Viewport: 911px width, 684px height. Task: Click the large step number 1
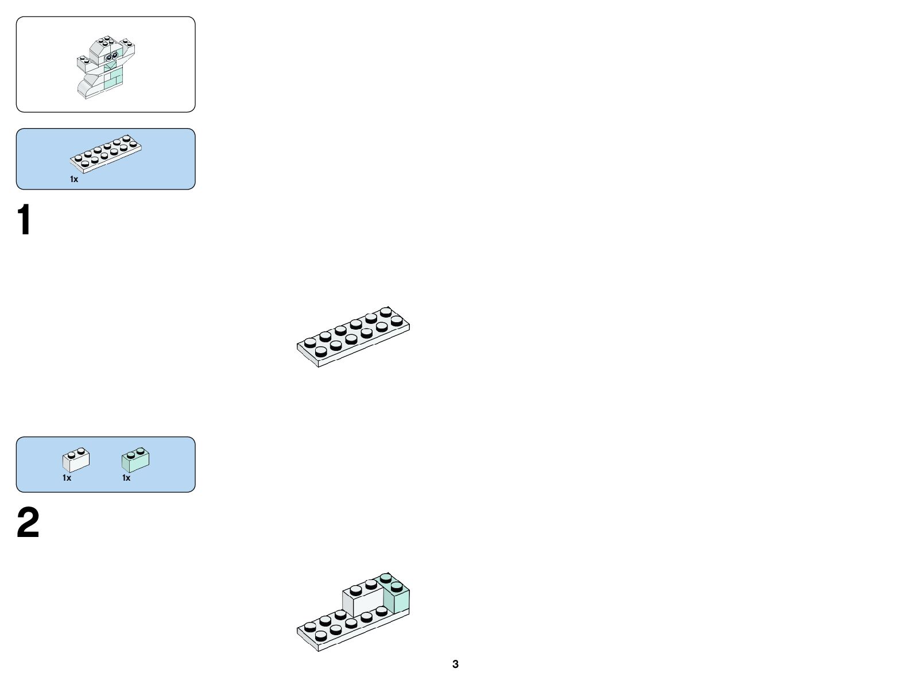click(24, 220)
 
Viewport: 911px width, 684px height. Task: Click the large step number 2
click(28, 523)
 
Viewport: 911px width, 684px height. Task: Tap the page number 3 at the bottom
click(455, 664)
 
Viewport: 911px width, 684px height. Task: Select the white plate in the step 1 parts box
click(106, 154)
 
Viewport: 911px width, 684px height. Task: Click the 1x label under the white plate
click(74, 179)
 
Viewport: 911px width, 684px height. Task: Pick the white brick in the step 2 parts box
click(76, 459)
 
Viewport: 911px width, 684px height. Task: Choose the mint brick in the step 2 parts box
click(135, 459)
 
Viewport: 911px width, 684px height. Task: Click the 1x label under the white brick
click(67, 478)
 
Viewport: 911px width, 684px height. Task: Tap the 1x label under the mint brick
click(126, 478)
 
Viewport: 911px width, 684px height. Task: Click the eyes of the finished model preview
click(112, 57)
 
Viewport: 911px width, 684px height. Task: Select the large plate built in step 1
click(353, 336)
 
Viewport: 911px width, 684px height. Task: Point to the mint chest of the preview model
click(114, 79)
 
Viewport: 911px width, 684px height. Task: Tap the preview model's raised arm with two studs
click(128, 47)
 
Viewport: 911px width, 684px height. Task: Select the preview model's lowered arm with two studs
click(85, 62)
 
